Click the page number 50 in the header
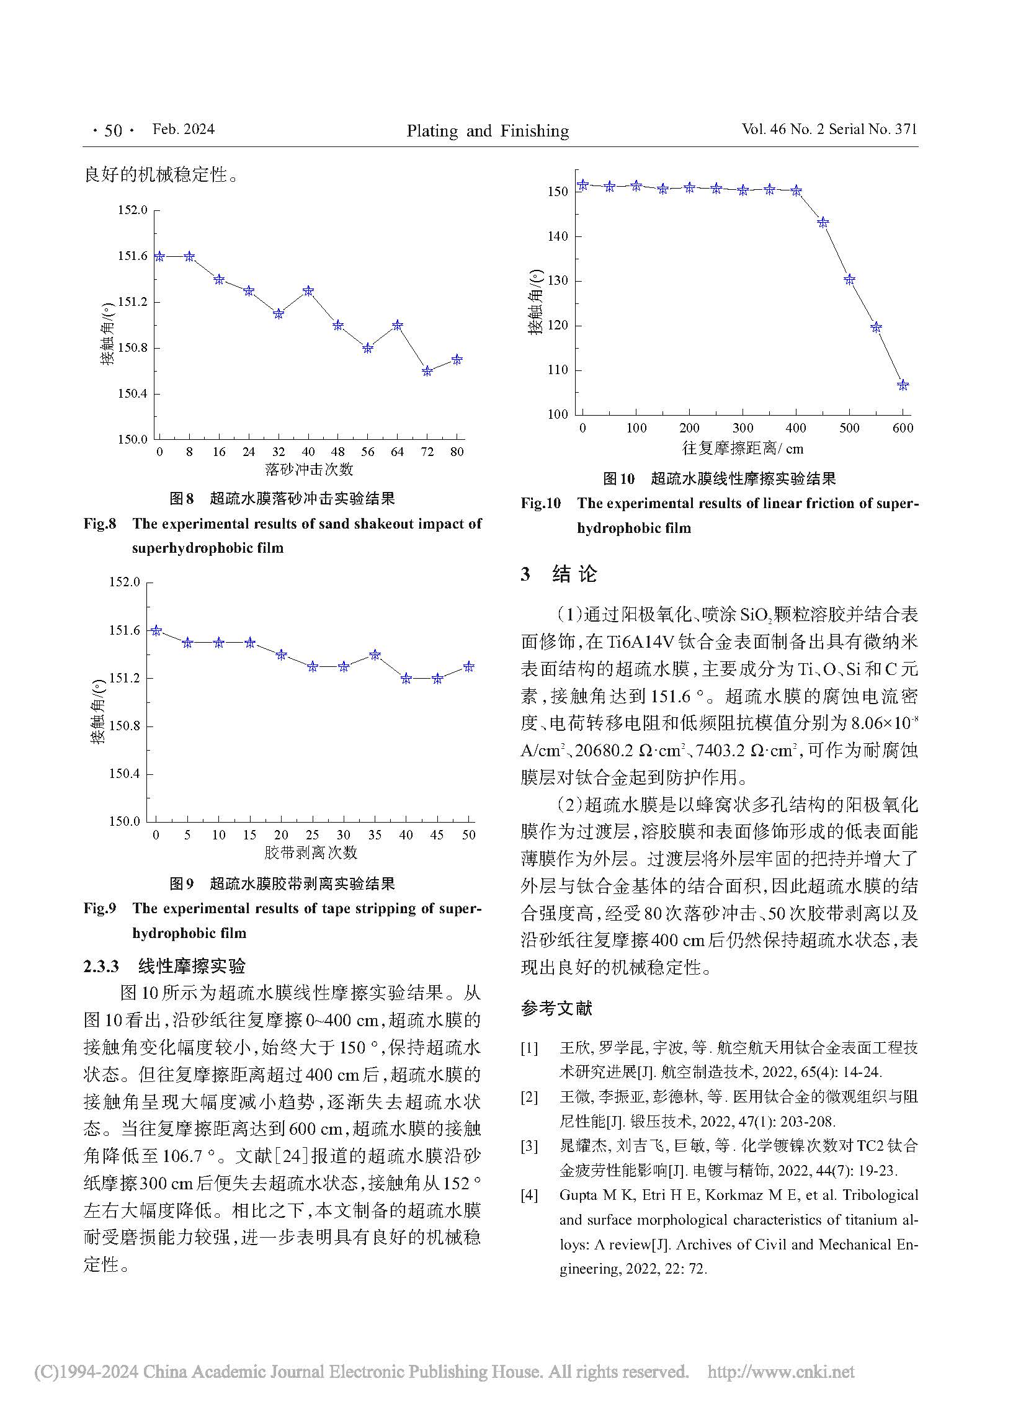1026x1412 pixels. click(113, 130)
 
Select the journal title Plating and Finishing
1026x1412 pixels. click(488, 131)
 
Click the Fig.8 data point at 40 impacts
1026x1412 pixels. click(308, 291)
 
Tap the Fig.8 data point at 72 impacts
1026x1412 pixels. click(427, 371)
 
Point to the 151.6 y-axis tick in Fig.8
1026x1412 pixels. click(133, 256)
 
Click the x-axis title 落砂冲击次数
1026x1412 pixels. click(309, 469)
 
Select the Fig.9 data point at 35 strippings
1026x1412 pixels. click(375, 655)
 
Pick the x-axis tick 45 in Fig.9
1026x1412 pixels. click(437, 835)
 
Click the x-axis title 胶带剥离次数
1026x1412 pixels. click(311, 852)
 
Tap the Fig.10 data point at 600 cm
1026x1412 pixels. click(903, 385)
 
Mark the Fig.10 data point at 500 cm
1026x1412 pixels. click(849, 280)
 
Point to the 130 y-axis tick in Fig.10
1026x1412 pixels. click(558, 281)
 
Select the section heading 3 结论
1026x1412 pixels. click(558, 573)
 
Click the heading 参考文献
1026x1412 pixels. click(556, 1008)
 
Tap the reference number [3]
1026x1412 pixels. click(529, 1145)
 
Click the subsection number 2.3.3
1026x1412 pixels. click(101, 965)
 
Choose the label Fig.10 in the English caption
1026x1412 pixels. click(540, 503)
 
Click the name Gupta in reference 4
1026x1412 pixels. click(578, 1195)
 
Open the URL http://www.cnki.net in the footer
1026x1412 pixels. click(782, 1372)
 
